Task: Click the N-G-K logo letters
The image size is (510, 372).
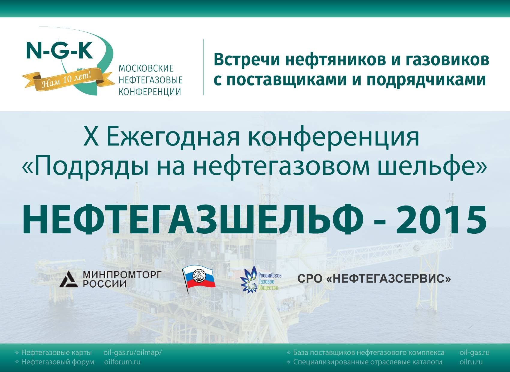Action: (59, 50)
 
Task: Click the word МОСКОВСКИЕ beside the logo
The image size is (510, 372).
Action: (146, 68)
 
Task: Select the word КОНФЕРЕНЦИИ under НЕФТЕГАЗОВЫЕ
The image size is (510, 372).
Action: (150, 92)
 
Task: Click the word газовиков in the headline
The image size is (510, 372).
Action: (443, 60)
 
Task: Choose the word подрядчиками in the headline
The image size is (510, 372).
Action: (426, 80)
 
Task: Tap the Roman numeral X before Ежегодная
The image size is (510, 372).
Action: (91, 137)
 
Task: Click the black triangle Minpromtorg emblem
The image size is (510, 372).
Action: (69, 279)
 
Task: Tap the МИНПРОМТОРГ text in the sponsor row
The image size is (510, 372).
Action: (122, 275)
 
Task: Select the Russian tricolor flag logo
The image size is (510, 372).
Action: (199, 278)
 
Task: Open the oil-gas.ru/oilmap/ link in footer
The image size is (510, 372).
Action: (133, 352)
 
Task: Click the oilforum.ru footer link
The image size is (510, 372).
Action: (122, 362)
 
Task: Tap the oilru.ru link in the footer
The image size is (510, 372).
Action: (471, 362)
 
